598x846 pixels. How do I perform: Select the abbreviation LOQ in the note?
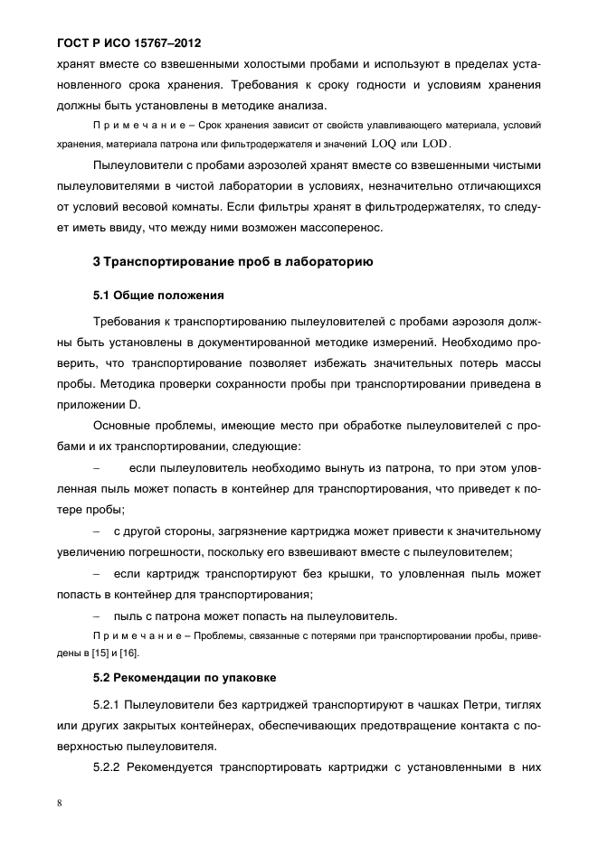click(383, 143)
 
